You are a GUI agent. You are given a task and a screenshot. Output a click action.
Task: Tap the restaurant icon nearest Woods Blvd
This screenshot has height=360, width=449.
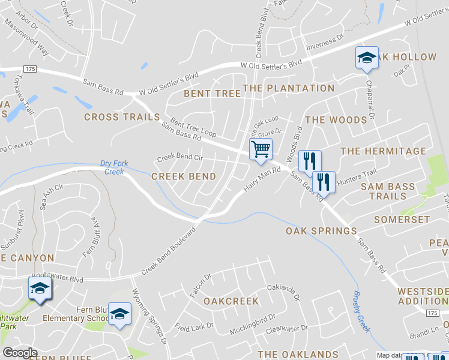(310, 160)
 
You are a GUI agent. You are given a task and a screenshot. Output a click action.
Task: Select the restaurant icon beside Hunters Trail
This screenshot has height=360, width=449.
(324, 181)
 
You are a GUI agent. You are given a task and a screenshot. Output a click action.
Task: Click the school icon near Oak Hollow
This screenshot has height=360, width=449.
(367, 58)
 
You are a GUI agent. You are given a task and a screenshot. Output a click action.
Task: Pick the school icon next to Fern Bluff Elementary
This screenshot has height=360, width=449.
(119, 313)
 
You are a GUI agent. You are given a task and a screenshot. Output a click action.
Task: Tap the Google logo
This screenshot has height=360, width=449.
(20, 353)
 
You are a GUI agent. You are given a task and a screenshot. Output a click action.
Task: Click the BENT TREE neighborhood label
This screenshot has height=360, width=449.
(212, 93)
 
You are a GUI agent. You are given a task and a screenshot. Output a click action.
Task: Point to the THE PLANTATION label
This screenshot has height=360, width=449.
(289, 88)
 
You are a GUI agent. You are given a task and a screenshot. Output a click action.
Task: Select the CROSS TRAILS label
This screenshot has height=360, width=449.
(122, 117)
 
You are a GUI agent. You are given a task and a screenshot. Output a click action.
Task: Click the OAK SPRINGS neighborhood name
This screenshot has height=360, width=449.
(321, 231)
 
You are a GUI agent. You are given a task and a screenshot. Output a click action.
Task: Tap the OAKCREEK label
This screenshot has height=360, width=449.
(231, 301)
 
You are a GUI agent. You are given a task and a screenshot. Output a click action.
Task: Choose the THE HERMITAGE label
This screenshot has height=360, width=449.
(383, 151)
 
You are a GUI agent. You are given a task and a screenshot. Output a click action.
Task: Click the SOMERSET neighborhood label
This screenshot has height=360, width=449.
(402, 220)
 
